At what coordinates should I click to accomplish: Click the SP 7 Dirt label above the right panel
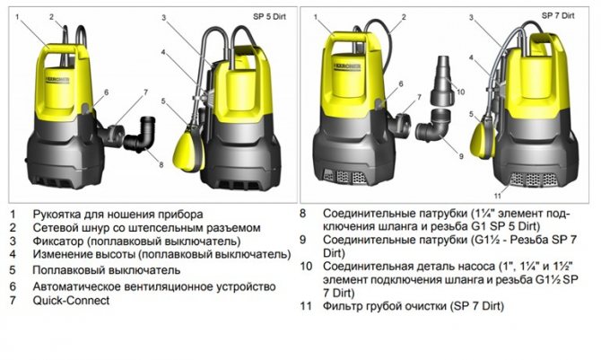click(x=559, y=15)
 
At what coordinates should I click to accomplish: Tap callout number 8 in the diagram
click(x=160, y=165)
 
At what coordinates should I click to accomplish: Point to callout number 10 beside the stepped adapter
click(x=460, y=91)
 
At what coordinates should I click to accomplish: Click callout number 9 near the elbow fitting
click(x=460, y=156)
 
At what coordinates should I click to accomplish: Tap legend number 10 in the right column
click(x=306, y=266)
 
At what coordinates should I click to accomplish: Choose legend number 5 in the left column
click(x=13, y=269)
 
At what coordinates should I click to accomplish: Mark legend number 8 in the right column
click(x=303, y=215)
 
